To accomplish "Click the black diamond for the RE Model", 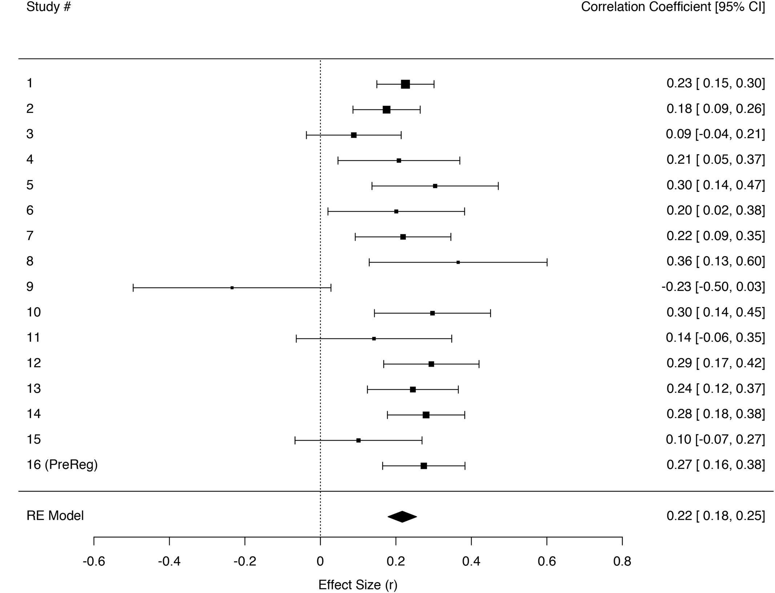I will click(402, 517).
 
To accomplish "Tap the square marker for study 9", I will click(232, 288).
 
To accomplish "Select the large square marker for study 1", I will click(405, 84).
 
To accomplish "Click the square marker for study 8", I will click(458, 262).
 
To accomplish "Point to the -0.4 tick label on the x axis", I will click(169, 562).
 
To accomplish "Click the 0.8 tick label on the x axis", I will click(622, 562).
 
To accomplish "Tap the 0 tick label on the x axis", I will click(320, 562).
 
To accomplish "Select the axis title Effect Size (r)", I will click(358, 585).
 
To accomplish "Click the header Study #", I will click(48, 7).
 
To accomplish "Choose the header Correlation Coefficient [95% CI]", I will click(673, 7).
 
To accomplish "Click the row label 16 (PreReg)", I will click(62, 465).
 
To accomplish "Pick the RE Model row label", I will click(55, 516).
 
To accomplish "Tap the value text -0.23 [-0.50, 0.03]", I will click(713, 287).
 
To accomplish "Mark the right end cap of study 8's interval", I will click(547, 262).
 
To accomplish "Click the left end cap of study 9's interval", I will click(133, 288).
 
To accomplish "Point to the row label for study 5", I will click(30, 185).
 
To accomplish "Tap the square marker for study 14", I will click(426, 415).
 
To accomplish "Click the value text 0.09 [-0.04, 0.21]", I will click(715, 134).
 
